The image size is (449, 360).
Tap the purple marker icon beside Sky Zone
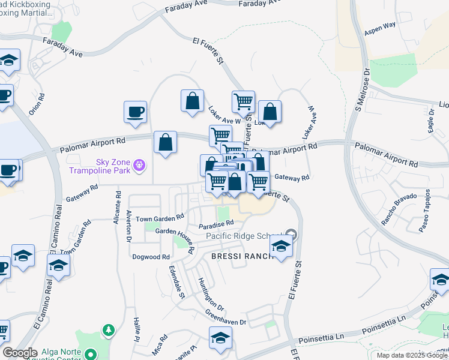[140, 164]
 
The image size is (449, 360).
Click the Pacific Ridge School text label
[244, 236]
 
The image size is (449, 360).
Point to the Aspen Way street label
[382, 26]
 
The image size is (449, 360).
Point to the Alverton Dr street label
[128, 223]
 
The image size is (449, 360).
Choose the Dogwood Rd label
[151, 256]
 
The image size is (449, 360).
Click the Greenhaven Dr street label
[226, 317]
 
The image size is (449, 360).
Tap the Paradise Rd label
[216, 225]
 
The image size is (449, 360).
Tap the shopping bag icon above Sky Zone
[165, 143]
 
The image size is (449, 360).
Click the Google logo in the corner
[20, 353]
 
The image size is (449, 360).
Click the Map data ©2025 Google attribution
[412, 355]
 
